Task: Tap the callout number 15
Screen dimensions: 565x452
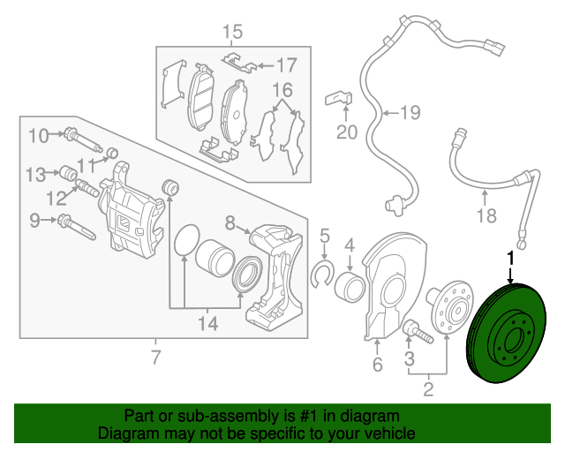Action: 232,32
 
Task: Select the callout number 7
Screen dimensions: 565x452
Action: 155,358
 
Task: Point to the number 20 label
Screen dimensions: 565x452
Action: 347,132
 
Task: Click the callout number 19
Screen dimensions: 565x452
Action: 411,112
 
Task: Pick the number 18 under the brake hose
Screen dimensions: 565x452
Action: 486,215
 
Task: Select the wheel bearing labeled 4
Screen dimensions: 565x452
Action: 350,287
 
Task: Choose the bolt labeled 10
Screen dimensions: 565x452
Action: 82,139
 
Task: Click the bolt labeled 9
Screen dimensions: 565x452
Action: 77,226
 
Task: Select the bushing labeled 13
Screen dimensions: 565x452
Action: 68,173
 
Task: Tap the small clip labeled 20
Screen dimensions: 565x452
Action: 338,98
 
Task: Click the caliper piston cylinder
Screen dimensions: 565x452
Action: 215,258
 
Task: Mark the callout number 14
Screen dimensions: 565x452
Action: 208,323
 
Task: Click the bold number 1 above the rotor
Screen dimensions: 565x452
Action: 510,259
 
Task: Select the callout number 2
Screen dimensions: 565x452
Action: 428,389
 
